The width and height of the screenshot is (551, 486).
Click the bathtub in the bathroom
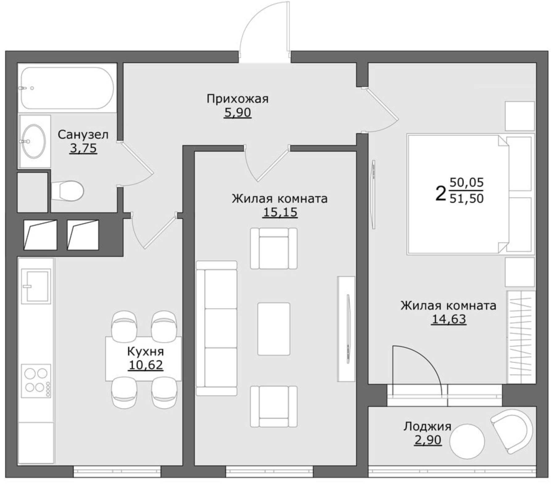click(x=67, y=88)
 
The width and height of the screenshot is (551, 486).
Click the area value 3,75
click(x=83, y=148)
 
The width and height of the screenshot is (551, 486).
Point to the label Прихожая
click(x=238, y=99)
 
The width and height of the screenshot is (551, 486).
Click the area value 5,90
click(x=238, y=113)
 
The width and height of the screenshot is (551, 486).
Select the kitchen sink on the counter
click(x=36, y=286)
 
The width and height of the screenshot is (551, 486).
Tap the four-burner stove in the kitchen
click(x=36, y=381)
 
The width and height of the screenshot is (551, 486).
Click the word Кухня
click(x=146, y=351)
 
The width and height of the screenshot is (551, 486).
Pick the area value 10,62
click(x=146, y=365)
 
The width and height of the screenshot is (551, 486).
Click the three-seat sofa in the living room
click(x=217, y=328)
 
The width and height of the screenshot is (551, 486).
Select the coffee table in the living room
click(x=274, y=329)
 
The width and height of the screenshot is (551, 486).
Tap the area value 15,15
click(x=280, y=212)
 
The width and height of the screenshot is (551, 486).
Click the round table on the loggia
click(x=467, y=441)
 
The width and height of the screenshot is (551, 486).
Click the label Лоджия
click(x=428, y=426)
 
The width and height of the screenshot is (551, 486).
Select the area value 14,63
click(x=449, y=319)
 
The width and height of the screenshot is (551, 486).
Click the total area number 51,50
click(x=466, y=198)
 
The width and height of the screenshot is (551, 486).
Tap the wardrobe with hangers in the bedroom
click(x=521, y=337)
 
